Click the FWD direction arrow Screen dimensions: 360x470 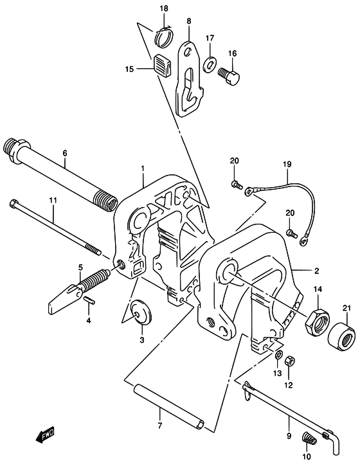pos(45,435)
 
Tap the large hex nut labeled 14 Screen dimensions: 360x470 pos(317,322)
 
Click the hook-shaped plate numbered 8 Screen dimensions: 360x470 pos(190,78)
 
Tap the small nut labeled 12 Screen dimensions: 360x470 pos(289,360)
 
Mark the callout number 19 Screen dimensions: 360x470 pos(287,164)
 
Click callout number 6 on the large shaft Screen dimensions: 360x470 pos(65,153)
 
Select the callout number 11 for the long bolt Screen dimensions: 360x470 pos(53,200)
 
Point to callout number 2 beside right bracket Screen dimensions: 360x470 pos(316,271)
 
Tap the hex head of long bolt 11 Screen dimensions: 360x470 pos(14,204)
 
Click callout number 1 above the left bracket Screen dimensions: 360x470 pos(143,168)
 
